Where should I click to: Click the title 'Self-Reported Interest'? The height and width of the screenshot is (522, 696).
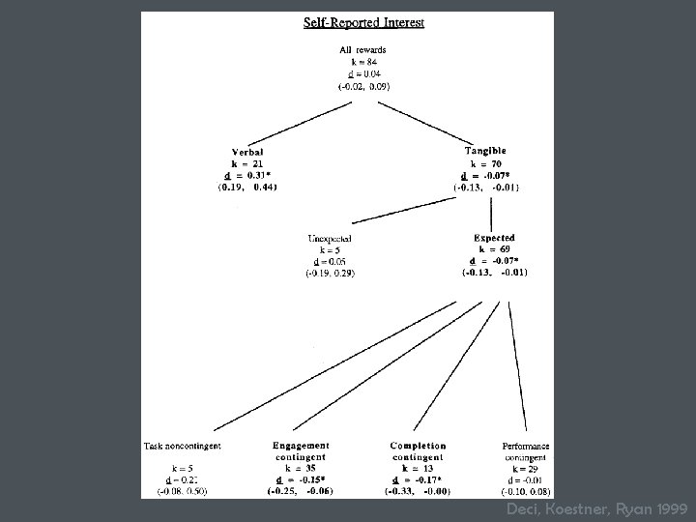click(363, 22)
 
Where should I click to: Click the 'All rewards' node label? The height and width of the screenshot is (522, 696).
click(363, 50)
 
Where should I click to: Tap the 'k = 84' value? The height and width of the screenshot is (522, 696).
click(363, 62)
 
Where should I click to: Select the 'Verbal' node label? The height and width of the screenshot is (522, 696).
click(246, 152)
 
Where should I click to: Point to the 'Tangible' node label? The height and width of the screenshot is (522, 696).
click(485, 151)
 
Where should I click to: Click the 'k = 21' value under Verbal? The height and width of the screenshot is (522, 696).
click(246, 163)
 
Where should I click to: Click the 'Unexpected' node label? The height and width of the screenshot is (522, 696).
click(330, 238)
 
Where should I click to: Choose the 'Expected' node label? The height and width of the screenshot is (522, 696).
click(494, 237)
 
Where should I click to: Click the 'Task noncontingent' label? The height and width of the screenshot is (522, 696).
click(183, 446)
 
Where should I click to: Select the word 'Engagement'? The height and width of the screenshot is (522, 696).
click(301, 446)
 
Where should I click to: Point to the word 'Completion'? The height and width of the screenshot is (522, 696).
click(418, 446)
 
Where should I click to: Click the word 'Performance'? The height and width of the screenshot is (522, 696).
click(527, 446)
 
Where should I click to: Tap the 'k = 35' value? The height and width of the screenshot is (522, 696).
click(301, 468)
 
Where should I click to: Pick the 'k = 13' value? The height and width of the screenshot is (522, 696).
click(418, 468)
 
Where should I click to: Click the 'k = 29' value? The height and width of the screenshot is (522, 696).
click(527, 468)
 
